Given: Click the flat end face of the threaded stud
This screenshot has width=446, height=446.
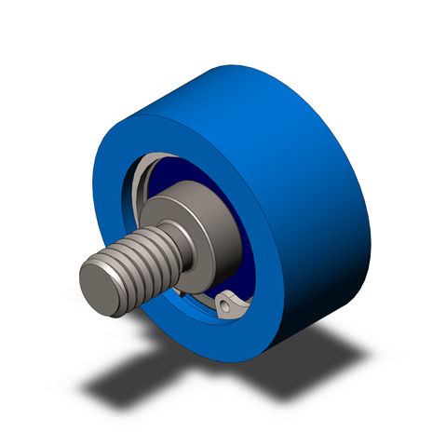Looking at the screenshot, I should pos(101,287).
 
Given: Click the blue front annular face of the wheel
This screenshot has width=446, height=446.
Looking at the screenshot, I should pos(121,186).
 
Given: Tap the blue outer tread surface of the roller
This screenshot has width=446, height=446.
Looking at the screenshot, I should pos(279,140).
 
